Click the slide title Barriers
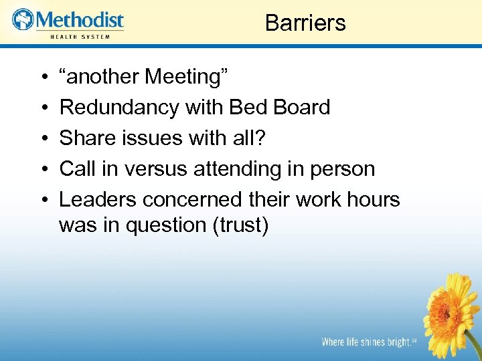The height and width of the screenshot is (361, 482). (x=305, y=23)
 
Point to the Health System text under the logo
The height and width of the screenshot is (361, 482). (x=80, y=35)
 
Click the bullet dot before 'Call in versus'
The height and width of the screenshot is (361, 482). (x=42, y=169)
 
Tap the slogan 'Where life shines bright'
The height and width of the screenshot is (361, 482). (x=365, y=342)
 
